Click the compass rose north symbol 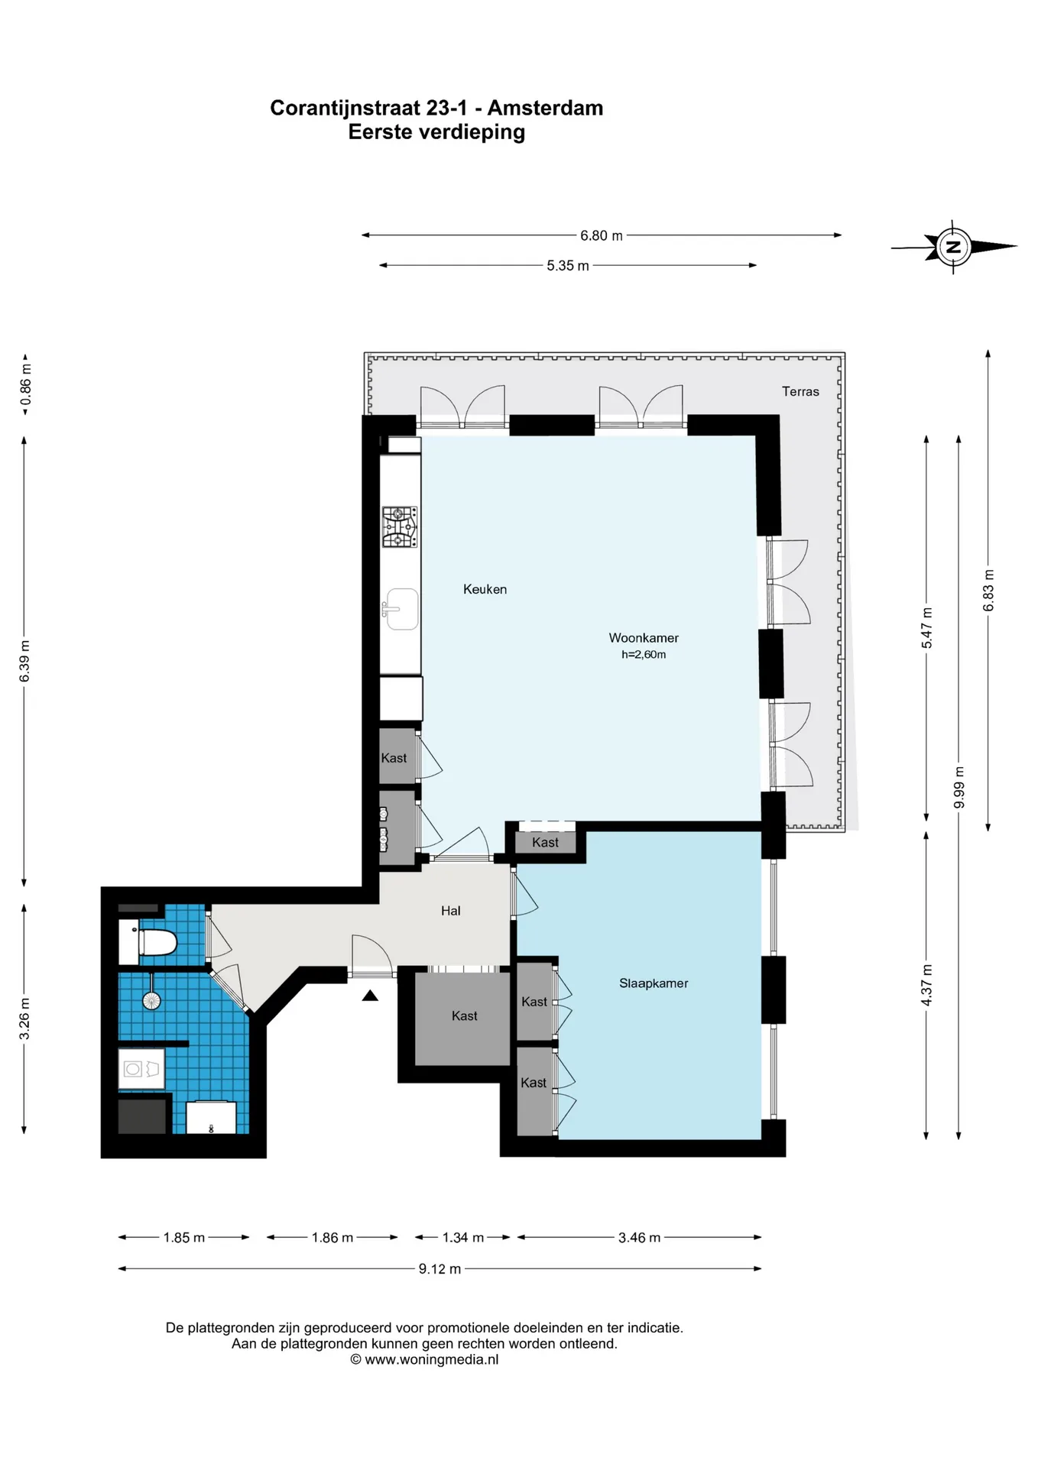coord(953,247)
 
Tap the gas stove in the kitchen coord(400,527)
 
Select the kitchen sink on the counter coord(401,609)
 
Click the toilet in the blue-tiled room coord(148,942)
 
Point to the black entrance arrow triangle coord(370,995)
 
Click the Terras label coord(800,391)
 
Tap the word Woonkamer coord(644,638)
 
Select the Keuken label coord(485,589)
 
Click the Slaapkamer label coord(654,983)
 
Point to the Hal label coord(450,911)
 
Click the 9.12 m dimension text coord(440,1269)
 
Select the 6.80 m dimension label coord(601,235)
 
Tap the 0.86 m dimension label coord(26,385)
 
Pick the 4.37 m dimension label coord(926,985)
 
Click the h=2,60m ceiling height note coord(644,655)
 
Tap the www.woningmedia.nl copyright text coord(424,1359)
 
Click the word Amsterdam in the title coord(545,108)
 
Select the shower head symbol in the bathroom coord(151,1000)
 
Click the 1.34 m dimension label coord(462,1237)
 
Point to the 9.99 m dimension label coord(959,787)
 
